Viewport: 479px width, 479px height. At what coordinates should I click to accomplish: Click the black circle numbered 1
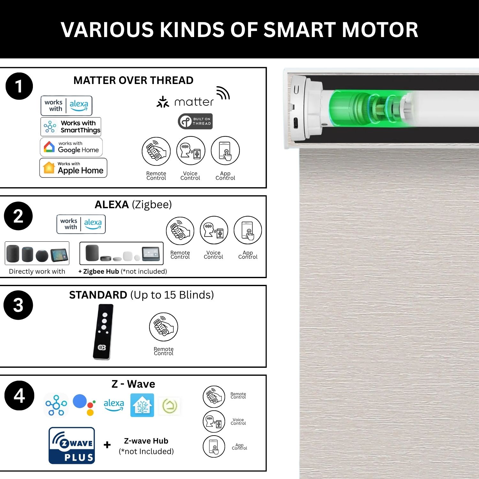click(x=19, y=86)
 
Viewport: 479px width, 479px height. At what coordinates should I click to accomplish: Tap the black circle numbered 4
click(x=19, y=395)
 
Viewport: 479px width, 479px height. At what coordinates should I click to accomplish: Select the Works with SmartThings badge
click(x=71, y=127)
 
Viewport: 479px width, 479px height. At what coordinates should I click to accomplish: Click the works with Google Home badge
click(x=71, y=147)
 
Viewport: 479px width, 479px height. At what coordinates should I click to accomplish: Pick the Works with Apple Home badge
click(x=73, y=168)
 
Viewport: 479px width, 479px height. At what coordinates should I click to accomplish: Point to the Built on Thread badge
click(x=195, y=121)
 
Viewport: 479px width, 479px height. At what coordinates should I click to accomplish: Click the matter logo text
click(x=194, y=102)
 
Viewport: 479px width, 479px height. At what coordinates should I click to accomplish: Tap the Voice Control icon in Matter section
click(x=191, y=150)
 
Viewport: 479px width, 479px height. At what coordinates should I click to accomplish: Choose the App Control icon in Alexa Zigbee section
click(x=248, y=230)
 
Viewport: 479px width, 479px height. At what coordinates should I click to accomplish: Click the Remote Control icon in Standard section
click(x=163, y=327)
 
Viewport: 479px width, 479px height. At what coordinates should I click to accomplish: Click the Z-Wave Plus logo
click(x=72, y=445)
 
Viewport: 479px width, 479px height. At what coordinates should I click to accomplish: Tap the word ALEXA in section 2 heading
click(x=112, y=204)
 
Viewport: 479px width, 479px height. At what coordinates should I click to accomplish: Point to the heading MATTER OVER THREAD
click(x=133, y=80)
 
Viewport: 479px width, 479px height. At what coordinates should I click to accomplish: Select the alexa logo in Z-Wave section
click(x=114, y=405)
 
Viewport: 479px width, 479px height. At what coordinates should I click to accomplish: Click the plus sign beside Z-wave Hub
click(x=107, y=445)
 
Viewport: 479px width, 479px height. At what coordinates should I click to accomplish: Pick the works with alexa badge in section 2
click(x=81, y=224)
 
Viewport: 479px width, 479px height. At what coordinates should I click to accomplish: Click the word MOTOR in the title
click(x=380, y=30)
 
